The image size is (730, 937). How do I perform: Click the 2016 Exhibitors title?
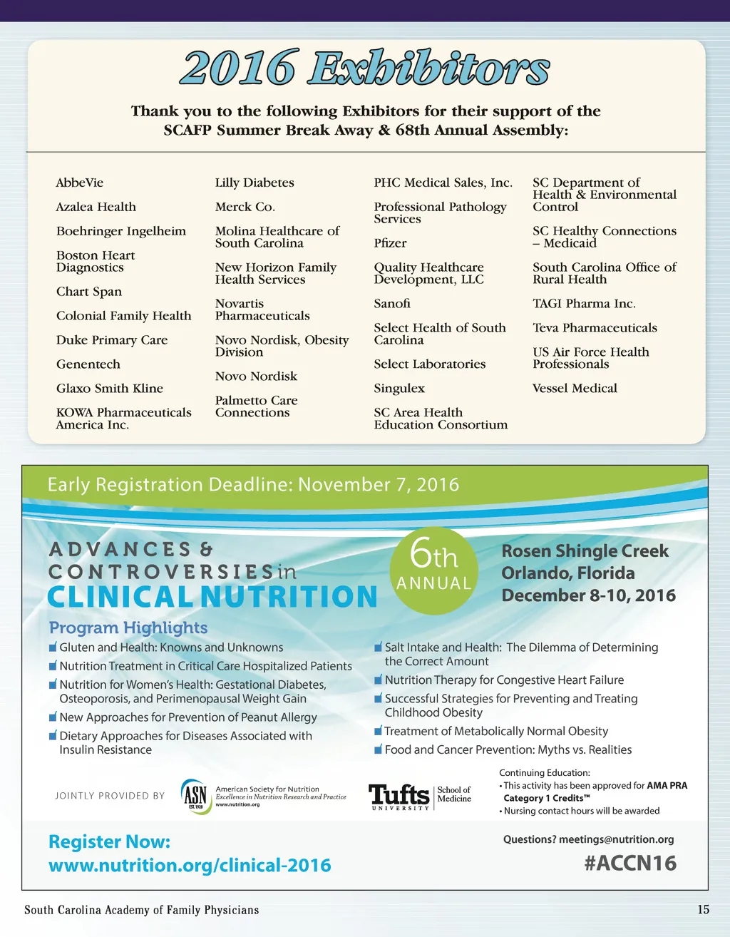[x=364, y=68]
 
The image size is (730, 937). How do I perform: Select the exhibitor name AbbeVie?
[x=80, y=183]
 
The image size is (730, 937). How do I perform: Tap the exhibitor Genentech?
[x=88, y=364]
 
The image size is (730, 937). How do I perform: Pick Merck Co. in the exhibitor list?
[x=245, y=207]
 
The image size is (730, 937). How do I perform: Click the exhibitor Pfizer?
[x=390, y=243]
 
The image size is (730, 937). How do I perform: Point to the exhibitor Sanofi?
[x=392, y=304]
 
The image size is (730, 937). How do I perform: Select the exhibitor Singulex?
[x=399, y=389]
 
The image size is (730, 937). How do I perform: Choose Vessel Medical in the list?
[x=575, y=389]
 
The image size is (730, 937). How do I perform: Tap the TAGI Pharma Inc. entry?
[x=584, y=304]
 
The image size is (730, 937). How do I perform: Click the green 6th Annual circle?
[x=433, y=570]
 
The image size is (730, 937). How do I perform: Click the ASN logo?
[x=195, y=796]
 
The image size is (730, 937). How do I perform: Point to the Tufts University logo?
[x=399, y=796]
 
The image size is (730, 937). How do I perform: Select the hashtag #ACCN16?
[x=630, y=863]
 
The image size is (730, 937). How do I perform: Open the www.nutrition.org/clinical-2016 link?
[x=190, y=866]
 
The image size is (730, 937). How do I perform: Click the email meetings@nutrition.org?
[x=616, y=839]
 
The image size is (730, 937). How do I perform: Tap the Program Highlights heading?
[x=128, y=628]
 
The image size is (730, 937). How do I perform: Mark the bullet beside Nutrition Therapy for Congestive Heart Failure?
[x=379, y=680]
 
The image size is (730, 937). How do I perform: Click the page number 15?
[x=703, y=910]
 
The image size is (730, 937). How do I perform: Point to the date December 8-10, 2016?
[x=588, y=595]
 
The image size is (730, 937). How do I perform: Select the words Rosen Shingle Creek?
[x=585, y=551]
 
